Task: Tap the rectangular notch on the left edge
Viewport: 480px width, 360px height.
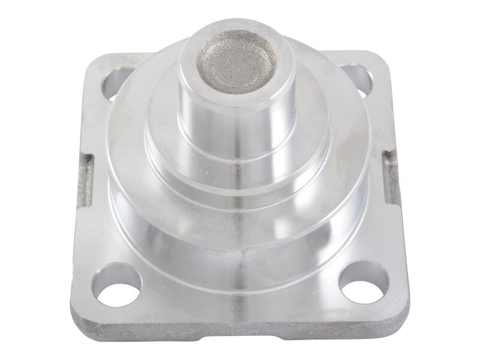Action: [86, 180]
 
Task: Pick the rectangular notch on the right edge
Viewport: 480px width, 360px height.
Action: [392, 177]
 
